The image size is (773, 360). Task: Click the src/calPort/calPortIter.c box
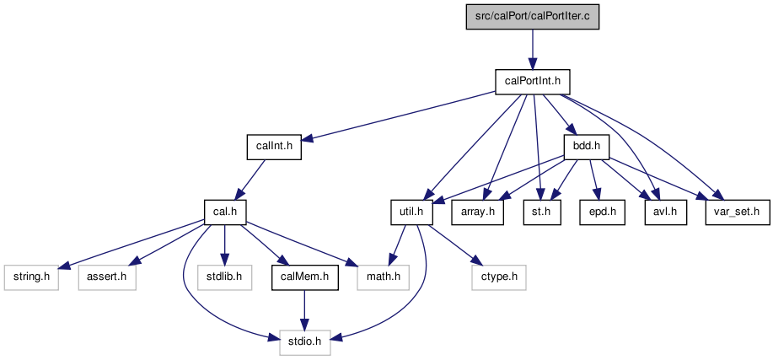click(533, 17)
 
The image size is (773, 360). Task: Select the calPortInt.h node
click(533, 82)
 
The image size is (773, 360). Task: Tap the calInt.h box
click(274, 147)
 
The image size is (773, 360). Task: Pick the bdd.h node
click(587, 147)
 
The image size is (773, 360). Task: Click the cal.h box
click(225, 212)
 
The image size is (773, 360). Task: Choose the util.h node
click(411, 212)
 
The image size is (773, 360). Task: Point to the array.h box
click(477, 212)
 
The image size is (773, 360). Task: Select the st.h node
click(542, 212)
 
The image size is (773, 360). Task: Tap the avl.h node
click(666, 212)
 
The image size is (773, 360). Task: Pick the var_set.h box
click(737, 212)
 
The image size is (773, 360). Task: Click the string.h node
click(31, 277)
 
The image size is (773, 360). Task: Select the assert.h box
click(107, 277)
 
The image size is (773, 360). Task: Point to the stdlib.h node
click(225, 277)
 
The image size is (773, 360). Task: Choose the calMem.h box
click(304, 277)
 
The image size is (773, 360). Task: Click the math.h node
click(383, 277)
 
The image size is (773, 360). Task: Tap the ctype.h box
click(498, 277)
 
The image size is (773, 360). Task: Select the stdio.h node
click(304, 342)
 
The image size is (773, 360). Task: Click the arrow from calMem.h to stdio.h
click(304, 309)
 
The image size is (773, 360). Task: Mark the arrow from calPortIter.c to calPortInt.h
click(533, 49)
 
